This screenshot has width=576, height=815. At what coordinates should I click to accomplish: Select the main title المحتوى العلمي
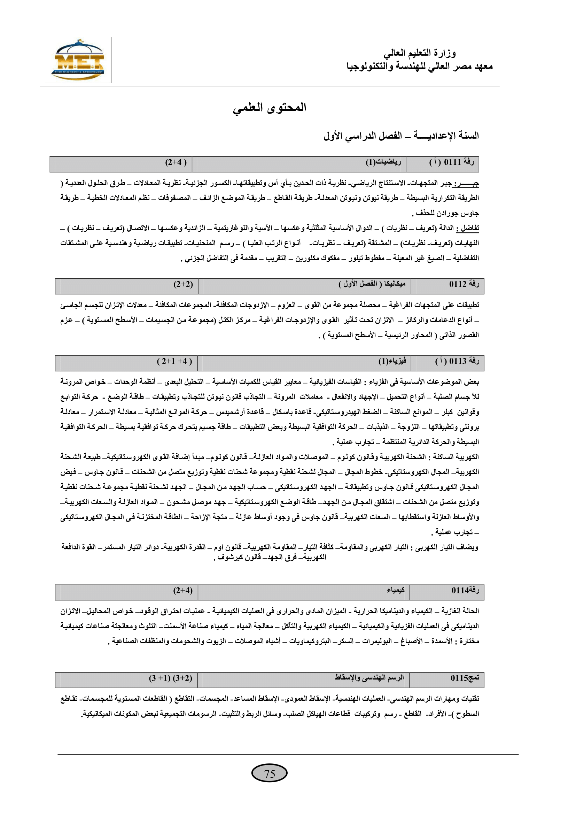[x=269, y=108]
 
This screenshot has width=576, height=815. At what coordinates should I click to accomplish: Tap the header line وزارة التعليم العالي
[x=419, y=53]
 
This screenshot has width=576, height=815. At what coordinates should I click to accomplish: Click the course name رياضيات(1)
[x=383, y=163]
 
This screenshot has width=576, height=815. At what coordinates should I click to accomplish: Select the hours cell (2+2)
[x=183, y=284]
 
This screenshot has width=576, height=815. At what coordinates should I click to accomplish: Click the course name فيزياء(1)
[x=391, y=361]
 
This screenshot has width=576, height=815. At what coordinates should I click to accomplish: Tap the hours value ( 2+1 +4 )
[x=174, y=361]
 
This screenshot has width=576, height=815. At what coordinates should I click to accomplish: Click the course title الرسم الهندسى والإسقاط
[x=369, y=678]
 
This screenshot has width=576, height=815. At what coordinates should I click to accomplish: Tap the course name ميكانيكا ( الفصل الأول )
[x=372, y=284]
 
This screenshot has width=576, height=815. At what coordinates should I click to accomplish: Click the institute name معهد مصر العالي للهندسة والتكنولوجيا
[x=419, y=67]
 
